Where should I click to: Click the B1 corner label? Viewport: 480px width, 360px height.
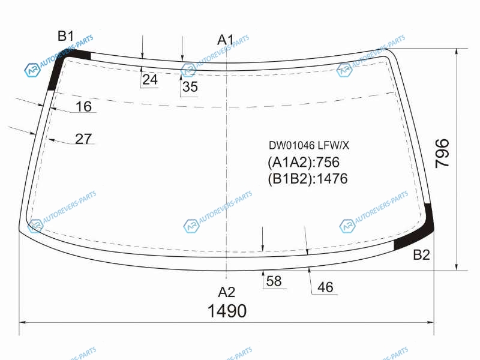pos(66,36)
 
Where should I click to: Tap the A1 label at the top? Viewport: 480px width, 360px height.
pos(226,40)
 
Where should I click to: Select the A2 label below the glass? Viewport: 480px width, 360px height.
pos(227,292)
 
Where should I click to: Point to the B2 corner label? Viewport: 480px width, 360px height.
pos(422,254)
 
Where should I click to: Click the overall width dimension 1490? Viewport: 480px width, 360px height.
pos(227,311)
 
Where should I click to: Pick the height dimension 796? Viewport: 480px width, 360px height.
pos(442,153)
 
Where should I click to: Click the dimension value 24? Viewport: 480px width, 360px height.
pos(150,80)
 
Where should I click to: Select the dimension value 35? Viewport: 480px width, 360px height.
pos(190,86)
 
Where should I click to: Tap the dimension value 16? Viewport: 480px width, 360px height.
pos(83,107)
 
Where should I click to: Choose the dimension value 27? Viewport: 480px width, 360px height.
pos(83,139)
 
